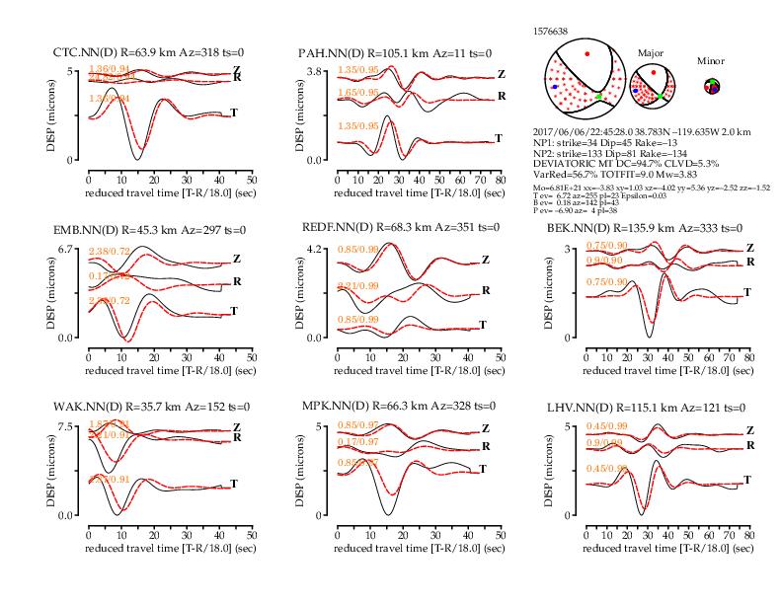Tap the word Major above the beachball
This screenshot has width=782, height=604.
point(651,54)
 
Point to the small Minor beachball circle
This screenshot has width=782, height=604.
point(711,87)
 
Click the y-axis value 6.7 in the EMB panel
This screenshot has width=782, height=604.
point(68,249)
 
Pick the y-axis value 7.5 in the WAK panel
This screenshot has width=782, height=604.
point(68,426)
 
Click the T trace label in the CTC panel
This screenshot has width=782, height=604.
point(234,113)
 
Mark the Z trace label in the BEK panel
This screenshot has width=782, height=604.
point(748,248)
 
